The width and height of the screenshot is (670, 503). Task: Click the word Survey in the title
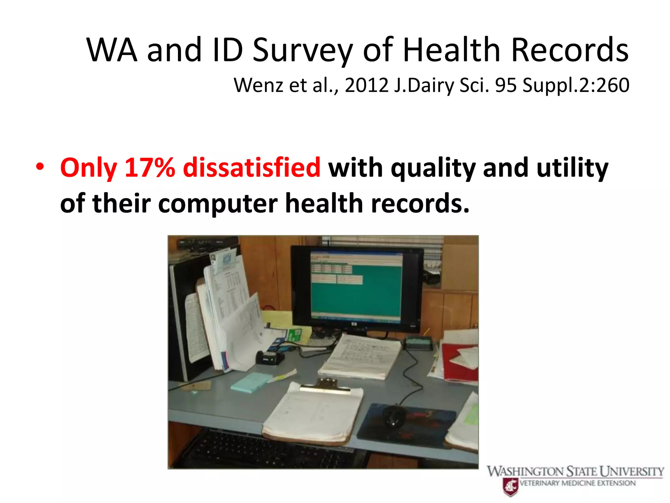click(302, 51)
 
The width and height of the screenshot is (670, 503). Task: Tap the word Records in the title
click(570, 51)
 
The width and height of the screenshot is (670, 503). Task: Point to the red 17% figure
click(150, 168)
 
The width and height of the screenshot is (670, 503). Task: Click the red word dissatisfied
click(252, 168)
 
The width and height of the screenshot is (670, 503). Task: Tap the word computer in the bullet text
click(218, 203)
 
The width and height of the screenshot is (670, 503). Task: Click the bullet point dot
click(40, 167)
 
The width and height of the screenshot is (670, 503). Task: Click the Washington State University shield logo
click(510, 487)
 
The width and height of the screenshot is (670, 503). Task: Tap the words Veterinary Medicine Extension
click(577, 483)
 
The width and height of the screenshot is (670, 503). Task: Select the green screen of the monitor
click(357, 288)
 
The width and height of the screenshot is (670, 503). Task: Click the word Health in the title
click(451, 51)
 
